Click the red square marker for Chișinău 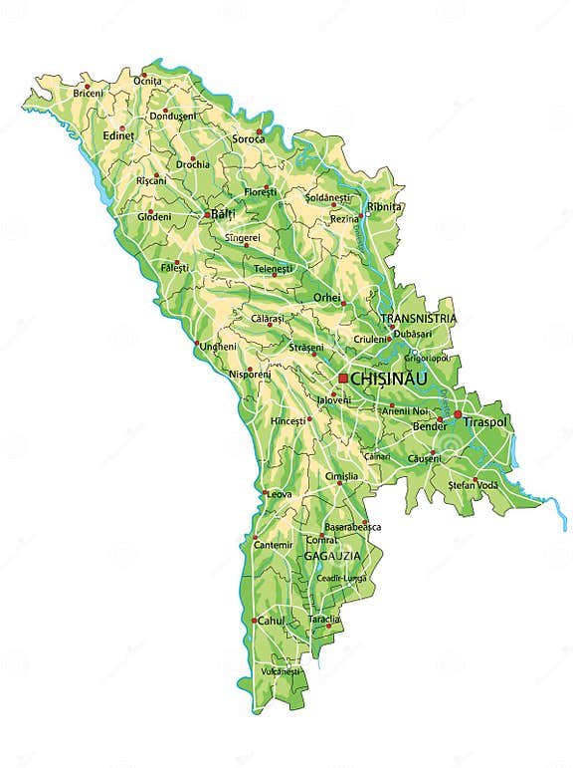click(343, 379)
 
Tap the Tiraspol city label click(484, 422)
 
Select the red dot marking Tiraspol click(458, 413)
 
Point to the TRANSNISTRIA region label click(418, 319)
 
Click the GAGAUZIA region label click(332, 554)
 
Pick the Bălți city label click(226, 214)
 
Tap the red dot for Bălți click(207, 214)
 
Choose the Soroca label click(249, 139)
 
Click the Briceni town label click(88, 94)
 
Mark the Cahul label click(272, 621)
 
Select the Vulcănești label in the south click(281, 671)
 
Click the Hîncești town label click(287, 421)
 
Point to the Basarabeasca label click(353, 527)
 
